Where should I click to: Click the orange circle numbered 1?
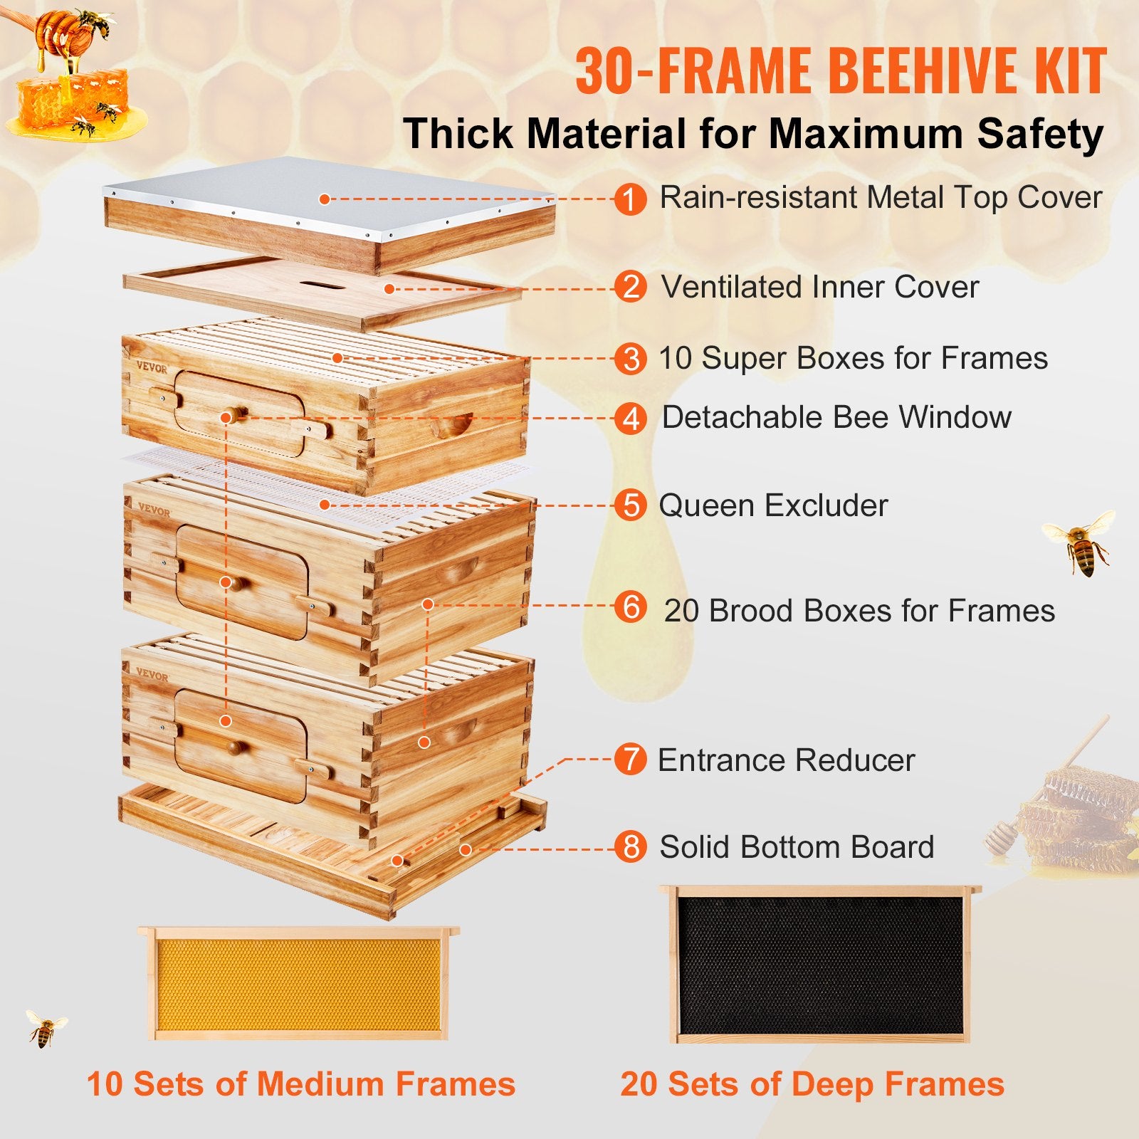click(x=630, y=199)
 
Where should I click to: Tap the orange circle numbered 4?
click(x=630, y=419)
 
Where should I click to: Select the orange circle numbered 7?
click(x=630, y=760)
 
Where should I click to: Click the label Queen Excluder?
click(x=773, y=505)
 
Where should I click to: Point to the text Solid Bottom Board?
click(x=796, y=847)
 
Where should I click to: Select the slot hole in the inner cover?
click(x=322, y=286)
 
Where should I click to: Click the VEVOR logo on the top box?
click(x=152, y=368)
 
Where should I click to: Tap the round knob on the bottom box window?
click(x=236, y=747)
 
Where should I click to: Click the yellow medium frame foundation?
click(x=299, y=984)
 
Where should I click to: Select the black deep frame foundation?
click(x=819, y=965)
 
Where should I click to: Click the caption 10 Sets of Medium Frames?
click(x=300, y=1084)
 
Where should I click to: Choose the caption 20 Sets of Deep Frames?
click(x=812, y=1084)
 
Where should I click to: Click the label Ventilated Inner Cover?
click(x=819, y=288)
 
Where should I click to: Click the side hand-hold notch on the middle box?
click(x=456, y=569)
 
